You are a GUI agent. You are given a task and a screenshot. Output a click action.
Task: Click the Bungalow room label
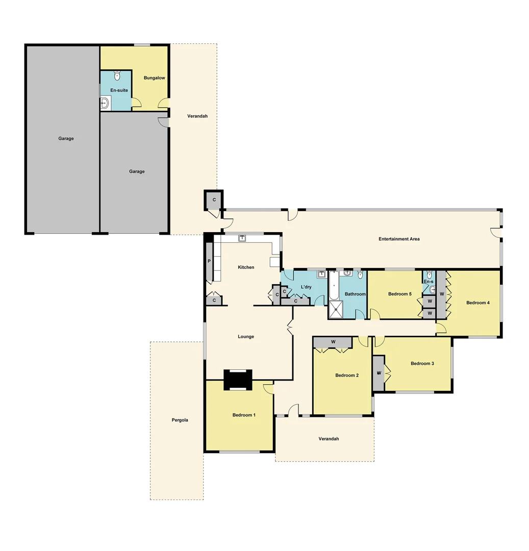[154, 78]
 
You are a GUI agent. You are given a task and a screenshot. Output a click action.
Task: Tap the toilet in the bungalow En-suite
[117, 76]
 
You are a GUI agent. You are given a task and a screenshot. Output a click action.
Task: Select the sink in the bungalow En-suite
[105, 104]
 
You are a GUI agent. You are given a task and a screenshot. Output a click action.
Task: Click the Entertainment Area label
[399, 239]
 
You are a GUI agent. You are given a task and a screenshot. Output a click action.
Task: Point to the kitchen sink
[243, 237]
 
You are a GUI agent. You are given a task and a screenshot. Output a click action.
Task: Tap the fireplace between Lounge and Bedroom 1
[238, 379]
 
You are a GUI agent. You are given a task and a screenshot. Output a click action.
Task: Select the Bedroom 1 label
[244, 415]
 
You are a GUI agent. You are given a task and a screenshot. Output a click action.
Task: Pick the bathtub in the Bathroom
[334, 286]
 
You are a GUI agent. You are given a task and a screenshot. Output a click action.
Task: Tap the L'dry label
[306, 287]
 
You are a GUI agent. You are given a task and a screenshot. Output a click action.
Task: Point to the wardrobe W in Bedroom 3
[379, 373]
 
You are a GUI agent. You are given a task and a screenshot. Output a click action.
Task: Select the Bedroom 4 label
[478, 303]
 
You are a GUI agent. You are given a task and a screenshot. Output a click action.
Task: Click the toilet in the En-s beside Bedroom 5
[430, 275]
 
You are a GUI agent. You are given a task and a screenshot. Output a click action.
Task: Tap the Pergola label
[180, 420]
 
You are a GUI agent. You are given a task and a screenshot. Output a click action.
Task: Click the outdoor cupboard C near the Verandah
[214, 199]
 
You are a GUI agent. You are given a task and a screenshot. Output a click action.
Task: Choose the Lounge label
[246, 337]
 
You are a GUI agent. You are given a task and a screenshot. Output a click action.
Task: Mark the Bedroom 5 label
[399, 294]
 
